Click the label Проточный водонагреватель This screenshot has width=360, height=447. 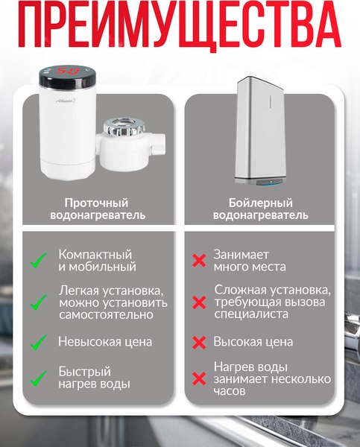click(x=95, y=209)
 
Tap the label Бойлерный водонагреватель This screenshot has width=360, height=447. click(x=260, y=209)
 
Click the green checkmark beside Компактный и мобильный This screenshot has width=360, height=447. click(x=38, y=261)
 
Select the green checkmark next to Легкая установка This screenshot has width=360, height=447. click(x=38, y=302)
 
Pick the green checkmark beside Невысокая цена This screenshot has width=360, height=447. click(x=38, y=342)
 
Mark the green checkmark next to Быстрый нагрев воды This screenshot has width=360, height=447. click(x=38, y=378)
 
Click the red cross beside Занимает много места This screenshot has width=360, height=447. click(x=199, y=261)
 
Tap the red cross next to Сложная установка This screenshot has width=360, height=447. click(x=199, y=302)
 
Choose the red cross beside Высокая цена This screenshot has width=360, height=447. click(x=199, y=342)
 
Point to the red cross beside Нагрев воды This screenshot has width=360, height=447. click(x=199, y=378)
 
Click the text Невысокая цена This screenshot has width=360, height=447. click(x=105, y=342)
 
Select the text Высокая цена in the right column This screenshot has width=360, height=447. click(x=253, y=342)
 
